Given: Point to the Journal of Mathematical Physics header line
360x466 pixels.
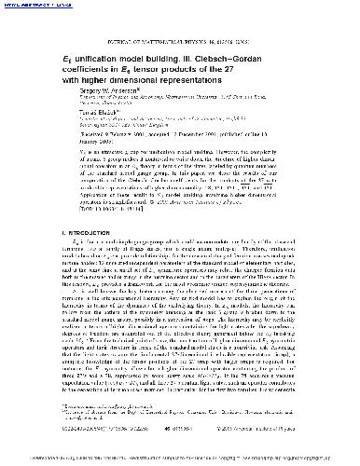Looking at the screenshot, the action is [180, 29].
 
